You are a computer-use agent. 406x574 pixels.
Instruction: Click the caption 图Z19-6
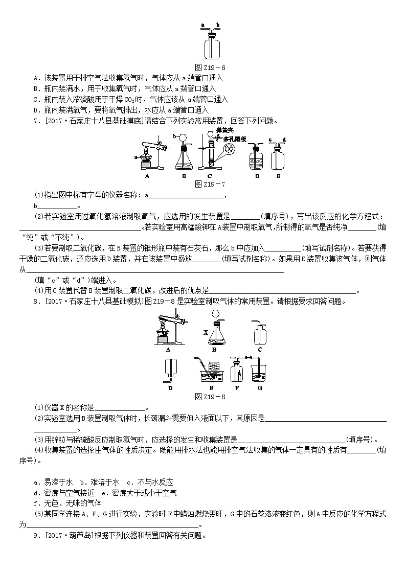(211, 67)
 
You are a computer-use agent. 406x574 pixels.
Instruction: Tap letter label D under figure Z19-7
(257, 175)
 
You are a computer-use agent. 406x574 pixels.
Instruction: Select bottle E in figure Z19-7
(278, 156)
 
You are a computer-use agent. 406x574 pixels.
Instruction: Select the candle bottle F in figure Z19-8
(237, 372)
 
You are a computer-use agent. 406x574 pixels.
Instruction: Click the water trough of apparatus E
(210, 377)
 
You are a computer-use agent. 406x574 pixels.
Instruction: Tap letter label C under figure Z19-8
(260, 350)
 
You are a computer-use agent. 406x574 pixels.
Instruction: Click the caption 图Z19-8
(211, 396)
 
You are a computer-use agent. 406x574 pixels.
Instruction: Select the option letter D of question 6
(36, 110)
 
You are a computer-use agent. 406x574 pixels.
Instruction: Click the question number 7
(35, 121)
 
